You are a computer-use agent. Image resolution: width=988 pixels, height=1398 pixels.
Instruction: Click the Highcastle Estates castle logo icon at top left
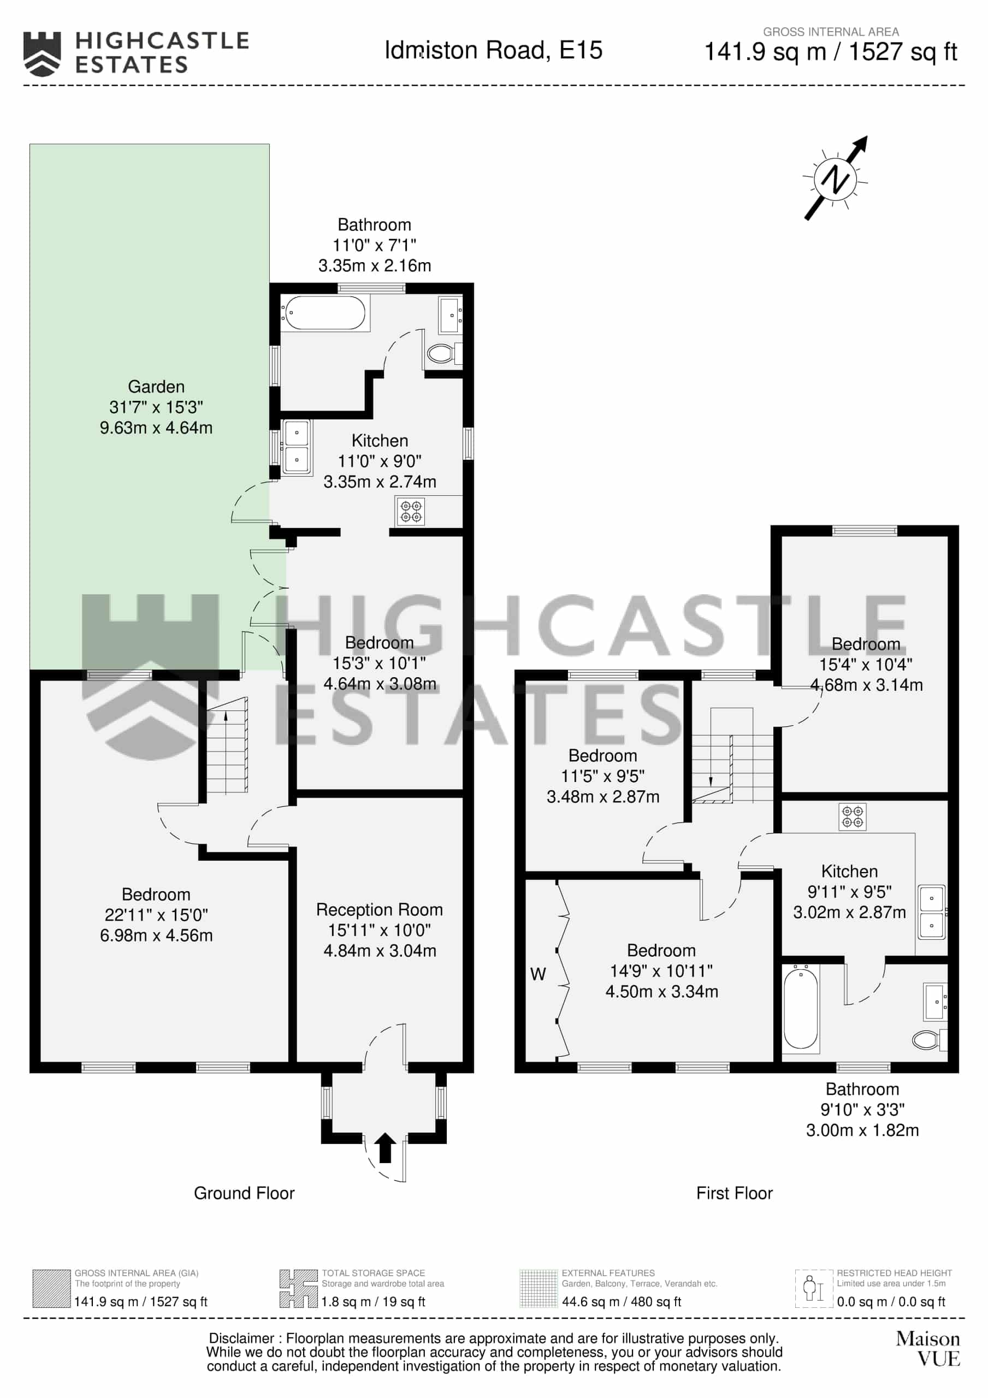click(x=42, y=54)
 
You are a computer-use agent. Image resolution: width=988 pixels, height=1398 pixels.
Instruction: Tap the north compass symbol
click(x=836, y=179)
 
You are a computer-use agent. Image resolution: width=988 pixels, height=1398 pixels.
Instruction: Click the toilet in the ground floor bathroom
click(x=445, y=353)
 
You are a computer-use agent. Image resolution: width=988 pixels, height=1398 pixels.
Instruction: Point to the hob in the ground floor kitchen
click(x=410, y=512)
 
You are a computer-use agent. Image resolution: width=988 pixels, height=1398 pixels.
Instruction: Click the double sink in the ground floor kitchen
click(x=297, y=446)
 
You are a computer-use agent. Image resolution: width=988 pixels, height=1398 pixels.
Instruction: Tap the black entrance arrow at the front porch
click(x=384, y=1148)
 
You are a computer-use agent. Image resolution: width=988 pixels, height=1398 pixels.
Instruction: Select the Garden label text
click(x=156, y=387)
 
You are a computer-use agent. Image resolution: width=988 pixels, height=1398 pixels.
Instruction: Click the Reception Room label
click(x=379, y=910)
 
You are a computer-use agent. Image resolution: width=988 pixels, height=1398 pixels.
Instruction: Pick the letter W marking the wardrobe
click(x=538, y=974)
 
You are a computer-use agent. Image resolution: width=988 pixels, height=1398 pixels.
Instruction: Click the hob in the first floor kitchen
click(x=852, y=817)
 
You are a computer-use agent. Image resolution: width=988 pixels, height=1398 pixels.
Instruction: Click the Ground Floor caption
click(x=244, y=1193)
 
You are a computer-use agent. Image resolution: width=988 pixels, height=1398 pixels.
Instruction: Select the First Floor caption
click(x=735, y=1193)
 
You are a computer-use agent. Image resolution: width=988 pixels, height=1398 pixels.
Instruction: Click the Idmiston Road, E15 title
click(x=493, y=50)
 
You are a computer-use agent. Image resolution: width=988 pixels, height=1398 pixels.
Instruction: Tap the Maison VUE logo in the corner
click(x=928, y=1349)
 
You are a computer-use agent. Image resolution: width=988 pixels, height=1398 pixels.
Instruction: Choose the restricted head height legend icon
click(x=814, y=1288)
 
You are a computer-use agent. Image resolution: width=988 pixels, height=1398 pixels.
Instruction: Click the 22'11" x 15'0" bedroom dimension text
click(x=156, y=915)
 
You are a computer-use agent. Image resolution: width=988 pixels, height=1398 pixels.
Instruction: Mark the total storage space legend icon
click(x=298, y=1288)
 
